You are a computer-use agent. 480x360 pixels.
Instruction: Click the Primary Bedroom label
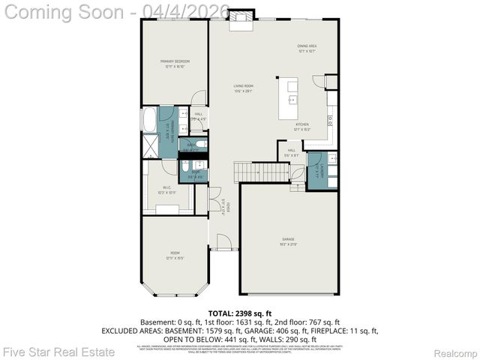point(174,64)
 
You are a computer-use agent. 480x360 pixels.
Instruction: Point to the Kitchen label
point(301,126)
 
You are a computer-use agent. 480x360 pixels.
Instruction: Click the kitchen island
point(289,98)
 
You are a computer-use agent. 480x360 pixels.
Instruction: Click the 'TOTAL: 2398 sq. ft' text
point(239,312)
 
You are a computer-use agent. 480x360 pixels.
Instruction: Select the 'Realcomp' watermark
point(456,351)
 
